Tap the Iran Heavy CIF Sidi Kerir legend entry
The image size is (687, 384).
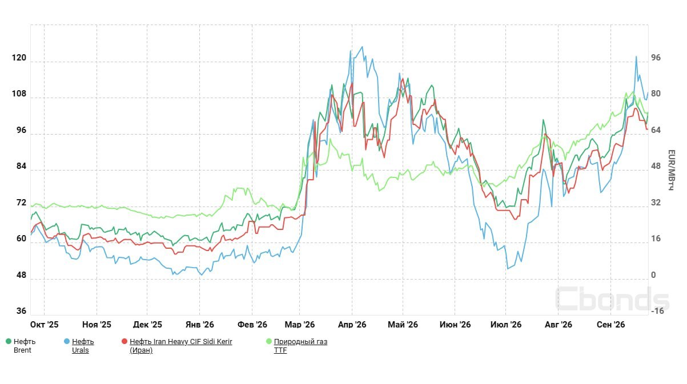tap(180, 346)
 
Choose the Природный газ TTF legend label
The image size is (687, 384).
tap(300, 346)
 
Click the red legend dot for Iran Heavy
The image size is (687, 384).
tap(124, 341)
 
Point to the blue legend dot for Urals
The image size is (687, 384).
tap(67, 341)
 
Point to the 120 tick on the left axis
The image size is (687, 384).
tap(19, 58)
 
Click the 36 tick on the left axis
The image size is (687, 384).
tap(22, 311)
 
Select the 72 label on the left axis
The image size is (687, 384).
tap(22, 203)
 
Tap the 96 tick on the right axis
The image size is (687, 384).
tap(656, 58)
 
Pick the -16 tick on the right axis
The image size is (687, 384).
tap(657, 311)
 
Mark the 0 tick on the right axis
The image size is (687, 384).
tap(653, 275)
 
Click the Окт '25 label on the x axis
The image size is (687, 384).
tap(44, 325)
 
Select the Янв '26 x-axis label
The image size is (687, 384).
tap(200, 325)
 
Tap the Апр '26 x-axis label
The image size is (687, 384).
tap(352, 325)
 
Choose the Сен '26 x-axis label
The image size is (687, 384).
tap(610, 325)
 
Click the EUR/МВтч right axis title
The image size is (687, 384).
tap(672, 170)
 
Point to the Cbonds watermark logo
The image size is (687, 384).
tap(612, 299)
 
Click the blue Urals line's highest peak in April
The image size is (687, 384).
tap(362, 47)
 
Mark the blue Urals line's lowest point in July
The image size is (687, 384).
tap(508, 269)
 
